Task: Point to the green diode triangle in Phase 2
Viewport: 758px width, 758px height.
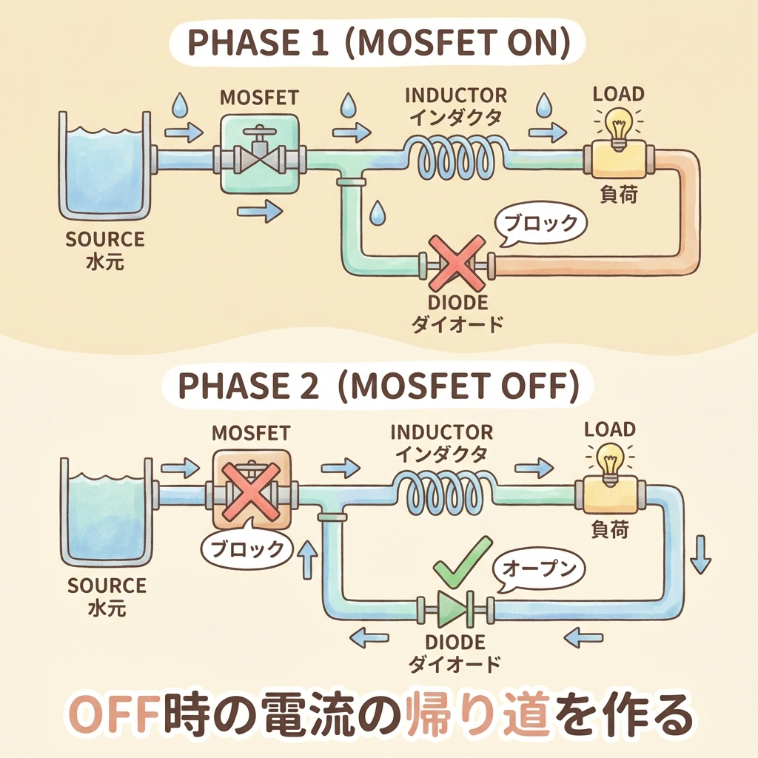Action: pos(452,609)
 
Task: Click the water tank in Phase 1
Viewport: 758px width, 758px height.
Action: pos(104,171)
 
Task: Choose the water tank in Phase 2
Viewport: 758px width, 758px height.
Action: pos(104,511)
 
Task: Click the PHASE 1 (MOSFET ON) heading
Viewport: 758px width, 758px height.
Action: pos(378,47)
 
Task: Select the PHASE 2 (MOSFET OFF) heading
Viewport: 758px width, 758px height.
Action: pos(378,386)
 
